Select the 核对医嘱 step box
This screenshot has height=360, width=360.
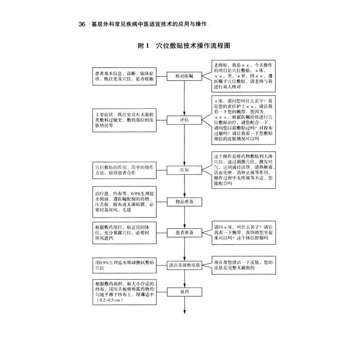point(184,75)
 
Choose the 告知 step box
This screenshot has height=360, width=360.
point(184,170)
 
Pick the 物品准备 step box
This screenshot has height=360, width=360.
point(184,202)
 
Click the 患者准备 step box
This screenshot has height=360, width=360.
point(184,232)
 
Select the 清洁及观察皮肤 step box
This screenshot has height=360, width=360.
point(184,264)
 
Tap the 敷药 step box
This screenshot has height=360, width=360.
point(184,292)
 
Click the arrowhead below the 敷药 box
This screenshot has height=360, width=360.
point(184,312)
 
